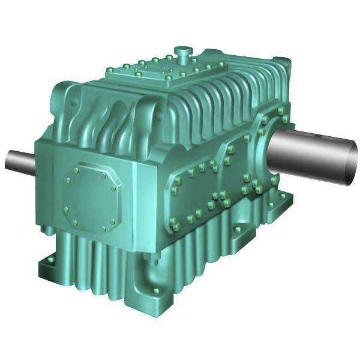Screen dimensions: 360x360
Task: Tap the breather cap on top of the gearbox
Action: [x=184, y=53]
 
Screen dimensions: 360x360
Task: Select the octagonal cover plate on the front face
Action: [x=91, y=195]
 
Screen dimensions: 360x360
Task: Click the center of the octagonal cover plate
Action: [x=91, y=195]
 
